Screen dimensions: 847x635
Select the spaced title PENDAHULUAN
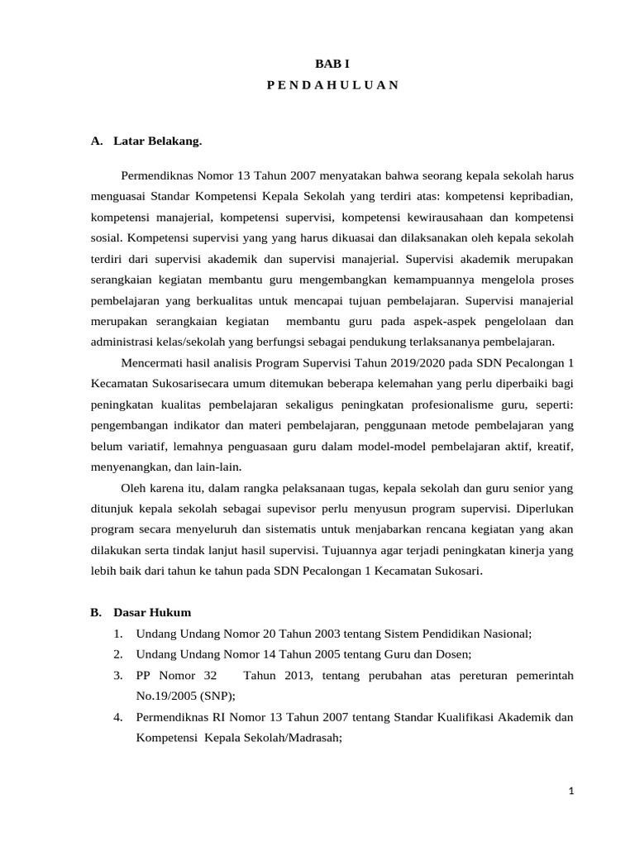point(332,84)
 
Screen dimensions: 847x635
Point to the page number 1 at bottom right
point(571,792)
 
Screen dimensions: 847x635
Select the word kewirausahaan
point(438,217)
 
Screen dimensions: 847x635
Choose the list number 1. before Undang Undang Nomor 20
point(119,634)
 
